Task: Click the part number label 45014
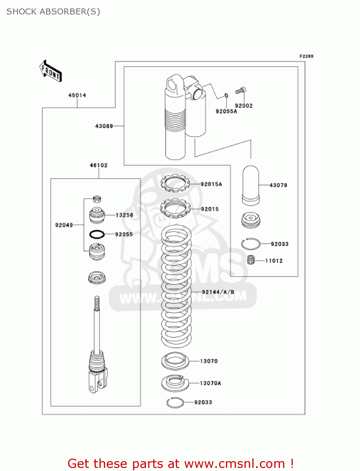77,95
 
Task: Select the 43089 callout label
104,126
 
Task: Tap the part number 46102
99,165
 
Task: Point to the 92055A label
226,111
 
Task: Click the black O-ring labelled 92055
97,234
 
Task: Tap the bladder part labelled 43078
251,185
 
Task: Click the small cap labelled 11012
250,260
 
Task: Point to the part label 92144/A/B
218,292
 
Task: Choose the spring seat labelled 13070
175,361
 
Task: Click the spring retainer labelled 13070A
175,383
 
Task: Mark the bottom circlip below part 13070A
175,403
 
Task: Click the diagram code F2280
306,56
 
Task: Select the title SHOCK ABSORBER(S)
53,12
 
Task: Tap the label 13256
124,215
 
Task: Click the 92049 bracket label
64,225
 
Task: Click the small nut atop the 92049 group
97,199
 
